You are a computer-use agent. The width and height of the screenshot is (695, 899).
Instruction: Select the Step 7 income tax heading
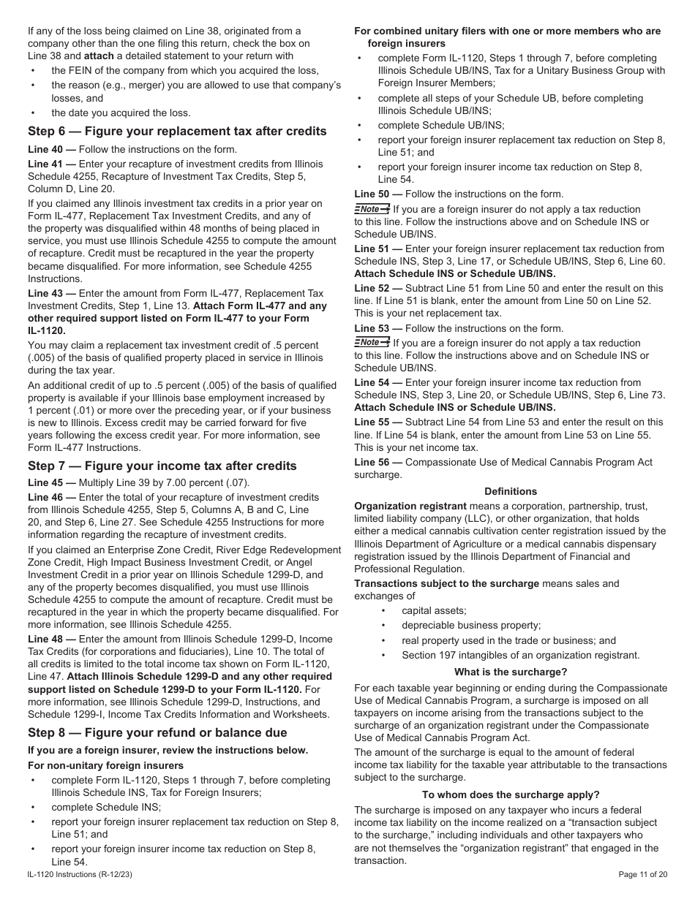click(162, 466)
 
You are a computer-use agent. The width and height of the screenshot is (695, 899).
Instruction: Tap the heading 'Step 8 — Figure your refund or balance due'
click(157, 733)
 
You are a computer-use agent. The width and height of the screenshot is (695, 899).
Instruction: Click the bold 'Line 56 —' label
click(377, 462)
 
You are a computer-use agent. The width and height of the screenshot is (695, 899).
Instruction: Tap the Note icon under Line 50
click(372, 209)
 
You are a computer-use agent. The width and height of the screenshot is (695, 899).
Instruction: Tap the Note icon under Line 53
click(372, 343)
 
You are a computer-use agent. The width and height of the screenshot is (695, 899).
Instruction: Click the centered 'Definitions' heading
click(511, 492)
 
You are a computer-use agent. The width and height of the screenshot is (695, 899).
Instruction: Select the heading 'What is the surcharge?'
click(511, 672)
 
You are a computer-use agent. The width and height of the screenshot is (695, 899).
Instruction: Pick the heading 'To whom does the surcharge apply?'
click(511, 794)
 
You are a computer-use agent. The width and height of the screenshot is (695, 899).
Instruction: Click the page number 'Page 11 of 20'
click(642, 874)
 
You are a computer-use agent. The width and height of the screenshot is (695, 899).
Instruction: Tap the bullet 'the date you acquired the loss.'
click(121, 113)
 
